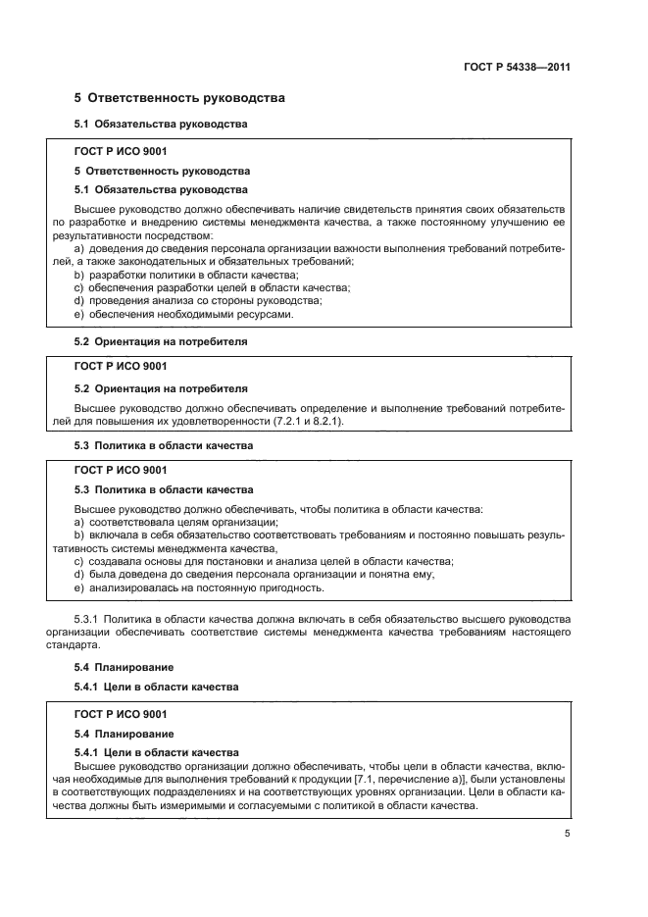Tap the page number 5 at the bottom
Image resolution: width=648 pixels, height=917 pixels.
[x=568, y=835]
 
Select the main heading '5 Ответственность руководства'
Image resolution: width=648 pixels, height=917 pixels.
[x=179, y=98]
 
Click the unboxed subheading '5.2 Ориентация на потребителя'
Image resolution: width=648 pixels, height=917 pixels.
[x=161, y=341]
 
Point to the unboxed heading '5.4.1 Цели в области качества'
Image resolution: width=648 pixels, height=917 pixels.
[x=156, y=687]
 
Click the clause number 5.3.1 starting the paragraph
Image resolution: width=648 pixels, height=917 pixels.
[x=89, y=621]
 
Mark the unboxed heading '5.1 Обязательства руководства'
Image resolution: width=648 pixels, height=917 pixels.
[x=161, y=125]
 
